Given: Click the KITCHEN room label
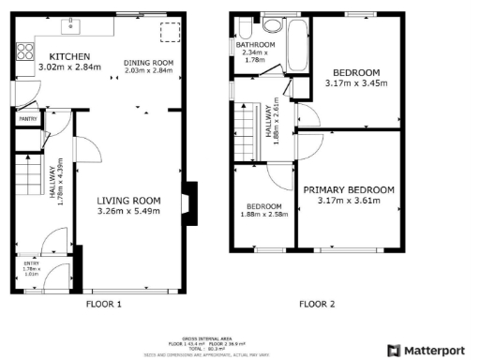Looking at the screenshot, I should point(56,56).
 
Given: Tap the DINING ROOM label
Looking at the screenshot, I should point(148,63).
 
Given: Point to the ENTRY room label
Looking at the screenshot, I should point(32,264).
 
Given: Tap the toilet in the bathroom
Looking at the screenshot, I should point(246,26).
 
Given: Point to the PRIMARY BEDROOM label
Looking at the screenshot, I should point(349,189).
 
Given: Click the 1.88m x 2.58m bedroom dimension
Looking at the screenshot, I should point(263,215).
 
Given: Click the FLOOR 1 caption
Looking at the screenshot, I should point(103,304).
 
